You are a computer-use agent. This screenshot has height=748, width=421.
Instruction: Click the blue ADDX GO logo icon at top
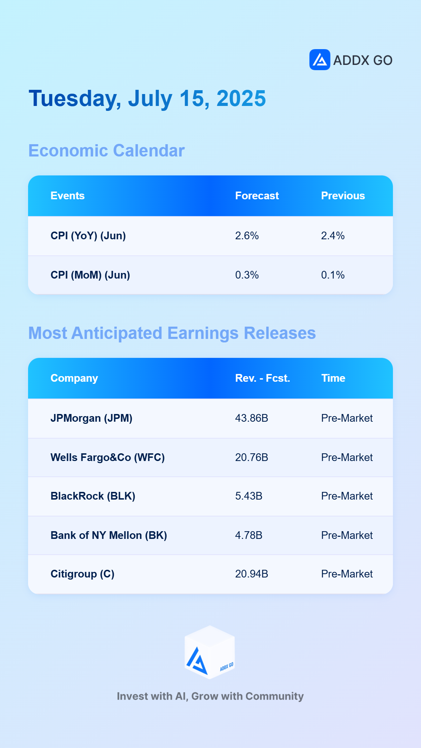click(320, 60)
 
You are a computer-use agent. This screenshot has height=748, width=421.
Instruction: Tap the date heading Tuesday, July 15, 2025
click(147, 99)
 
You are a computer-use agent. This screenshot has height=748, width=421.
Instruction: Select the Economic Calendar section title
click(107, 151)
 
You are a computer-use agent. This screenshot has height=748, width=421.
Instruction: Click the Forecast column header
click(257, 196)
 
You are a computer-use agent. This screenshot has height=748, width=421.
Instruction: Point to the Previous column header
click(343, 196)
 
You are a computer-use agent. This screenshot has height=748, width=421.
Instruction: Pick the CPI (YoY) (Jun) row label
click(88, 236)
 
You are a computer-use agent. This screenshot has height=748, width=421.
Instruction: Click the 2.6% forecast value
click(247, 236)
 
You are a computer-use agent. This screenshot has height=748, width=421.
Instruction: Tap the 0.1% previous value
click(333, 275)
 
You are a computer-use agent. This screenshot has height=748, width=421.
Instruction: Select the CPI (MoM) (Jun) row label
click(90, 275)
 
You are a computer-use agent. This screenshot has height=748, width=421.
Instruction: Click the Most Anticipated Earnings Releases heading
click(172, 333)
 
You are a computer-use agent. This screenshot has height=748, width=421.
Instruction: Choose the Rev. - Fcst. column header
click(262, 378)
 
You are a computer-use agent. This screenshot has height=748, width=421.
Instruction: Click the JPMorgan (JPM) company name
click(91, 418)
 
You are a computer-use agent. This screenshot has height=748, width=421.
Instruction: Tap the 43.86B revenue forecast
click(252, 418)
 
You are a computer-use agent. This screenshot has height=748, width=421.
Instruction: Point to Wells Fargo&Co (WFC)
click(107, 458)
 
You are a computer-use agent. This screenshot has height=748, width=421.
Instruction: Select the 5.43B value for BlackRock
click(249, 496)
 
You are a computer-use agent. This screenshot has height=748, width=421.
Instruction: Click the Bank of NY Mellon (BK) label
click(109, 535)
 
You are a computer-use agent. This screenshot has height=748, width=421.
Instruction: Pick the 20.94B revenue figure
click(252, 574)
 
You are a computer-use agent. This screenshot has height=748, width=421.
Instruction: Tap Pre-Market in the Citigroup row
click(347, 574)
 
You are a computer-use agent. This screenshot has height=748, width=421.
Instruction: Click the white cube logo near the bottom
click(210, 652)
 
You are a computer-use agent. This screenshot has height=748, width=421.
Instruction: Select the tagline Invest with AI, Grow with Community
click(210, 696)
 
